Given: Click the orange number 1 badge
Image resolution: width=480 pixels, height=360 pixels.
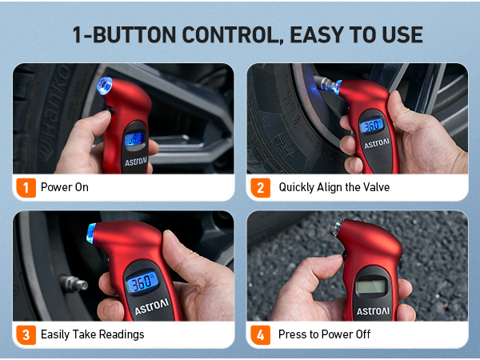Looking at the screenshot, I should pos(26,187).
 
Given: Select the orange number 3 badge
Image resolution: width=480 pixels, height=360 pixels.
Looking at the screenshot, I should pos(26,334).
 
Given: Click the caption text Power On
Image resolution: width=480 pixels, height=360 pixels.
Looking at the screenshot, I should pos(65,187).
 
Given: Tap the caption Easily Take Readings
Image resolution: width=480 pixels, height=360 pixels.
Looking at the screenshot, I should pos(93,334).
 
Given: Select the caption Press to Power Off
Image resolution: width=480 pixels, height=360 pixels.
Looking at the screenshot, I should pos(324,334).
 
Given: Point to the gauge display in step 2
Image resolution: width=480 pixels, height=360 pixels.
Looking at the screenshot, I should pos(370,126).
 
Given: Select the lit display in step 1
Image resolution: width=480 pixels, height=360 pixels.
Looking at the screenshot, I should pos(133,138).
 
